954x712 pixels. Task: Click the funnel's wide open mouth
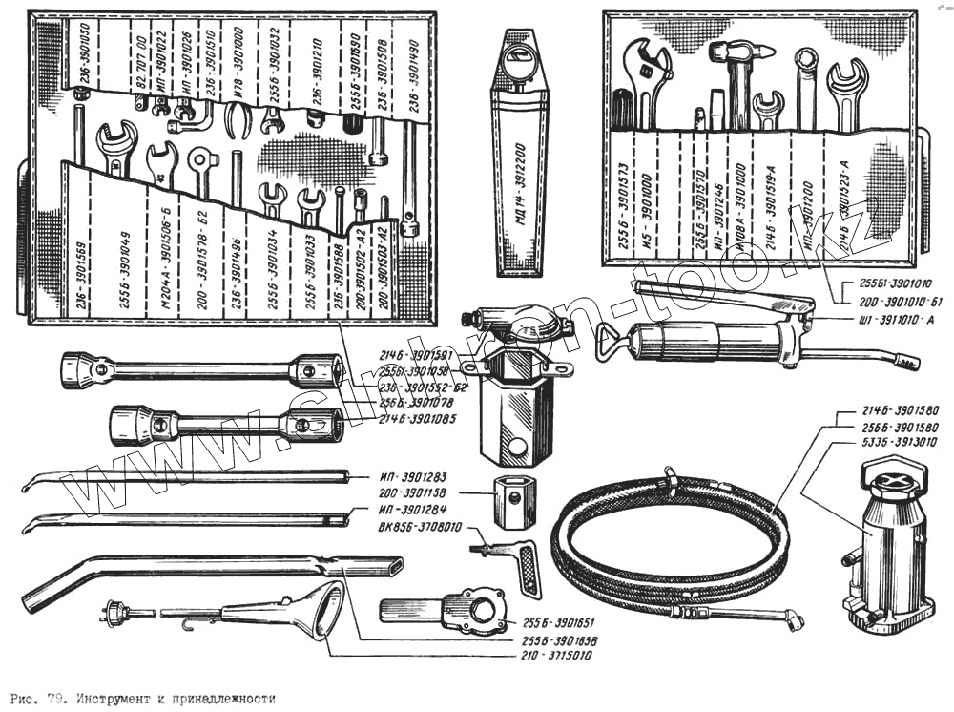click(x=327, y=612)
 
